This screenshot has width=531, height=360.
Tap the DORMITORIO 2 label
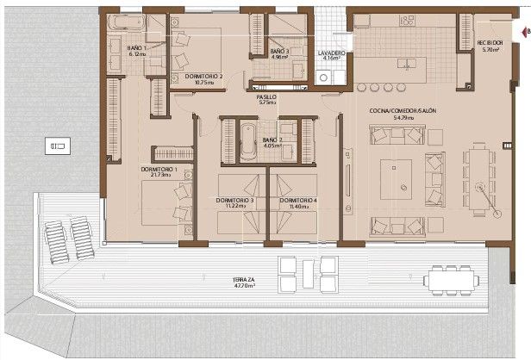point(203,76)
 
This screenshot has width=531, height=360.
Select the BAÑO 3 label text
point(278,52)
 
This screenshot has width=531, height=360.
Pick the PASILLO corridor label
point(265,97)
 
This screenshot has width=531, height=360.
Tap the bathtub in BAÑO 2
point(247,137)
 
